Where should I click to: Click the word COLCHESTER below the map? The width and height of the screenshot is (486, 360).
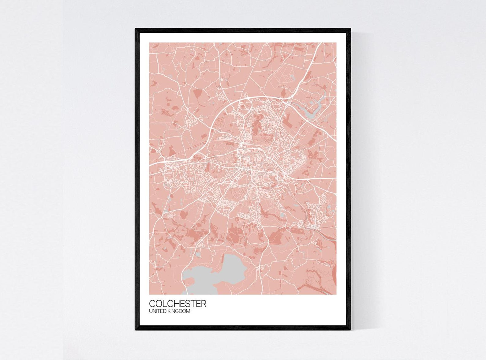[x=178, y=304]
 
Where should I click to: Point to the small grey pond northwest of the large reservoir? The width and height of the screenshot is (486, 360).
[x=197, y=254]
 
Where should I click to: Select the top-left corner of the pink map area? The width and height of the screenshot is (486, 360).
[x=150, y=43]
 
